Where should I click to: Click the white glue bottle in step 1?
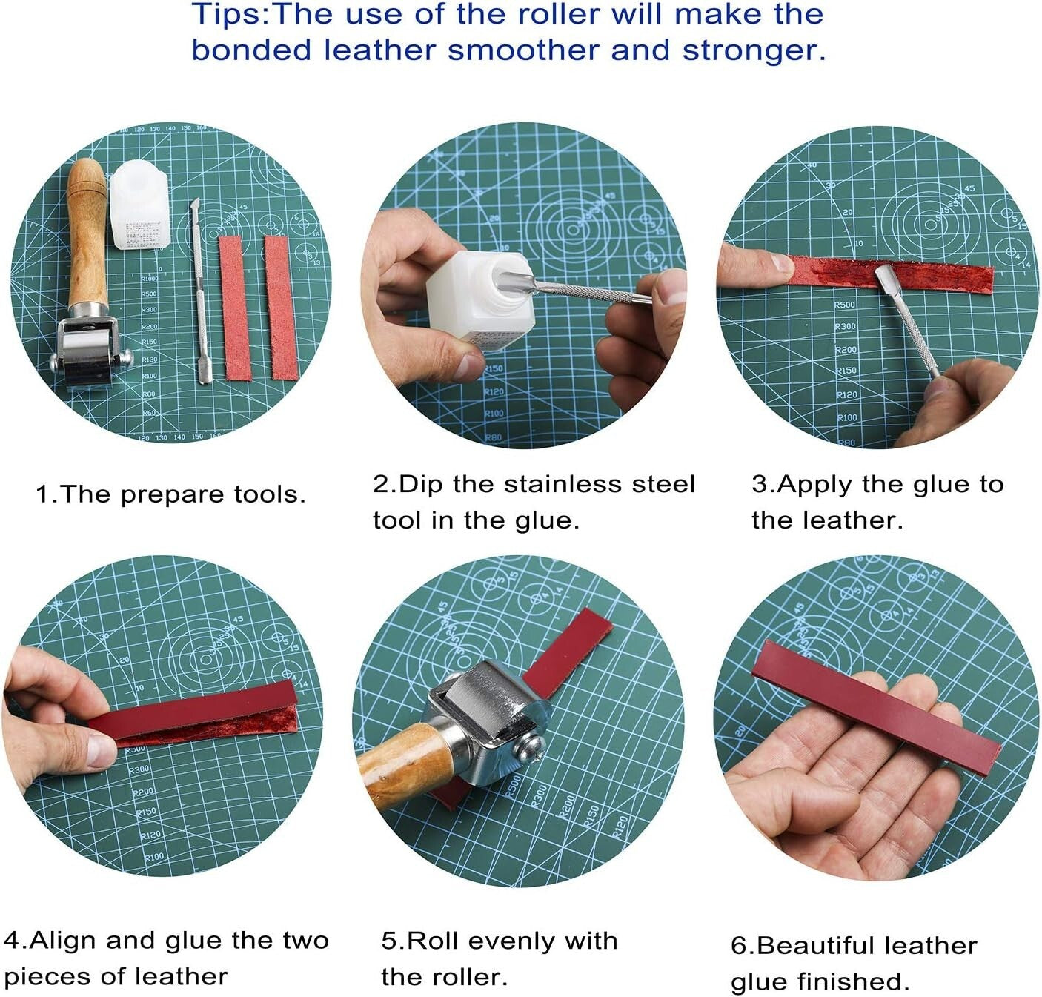coord(140,208)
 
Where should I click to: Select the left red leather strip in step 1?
coord(236,307)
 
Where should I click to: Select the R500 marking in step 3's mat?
coord(844,305)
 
